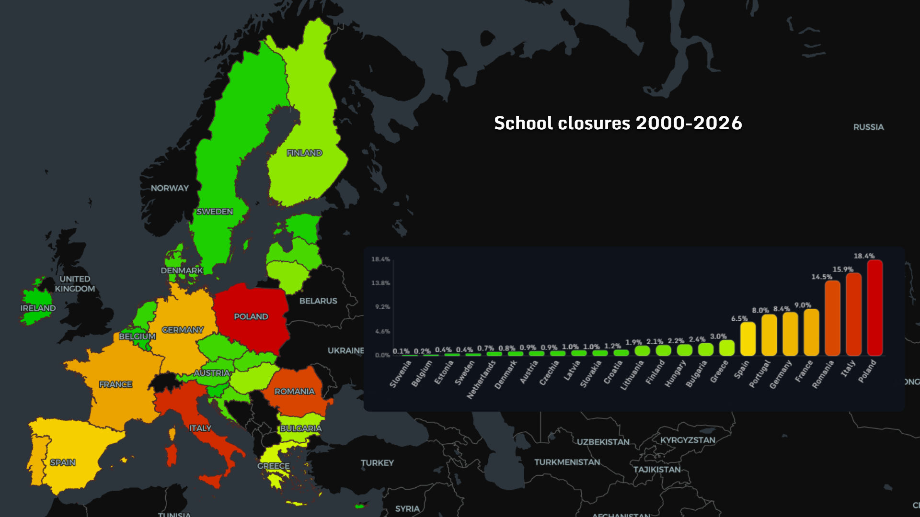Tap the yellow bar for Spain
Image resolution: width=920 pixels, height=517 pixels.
(x=747, y=339)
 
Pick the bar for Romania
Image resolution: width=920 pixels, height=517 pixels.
(x=832, y=318)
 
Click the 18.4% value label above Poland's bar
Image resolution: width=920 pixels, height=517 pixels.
(x=864, y=256)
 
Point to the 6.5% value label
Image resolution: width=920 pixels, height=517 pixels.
(x=739, y=318)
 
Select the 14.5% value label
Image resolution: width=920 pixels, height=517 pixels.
(x=821, y=277)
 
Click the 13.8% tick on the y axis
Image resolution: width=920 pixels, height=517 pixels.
(x=380, y=283)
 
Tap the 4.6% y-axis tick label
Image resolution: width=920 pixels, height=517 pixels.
(x=382, y=331)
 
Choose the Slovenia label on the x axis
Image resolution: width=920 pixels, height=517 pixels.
(x=401, y=374)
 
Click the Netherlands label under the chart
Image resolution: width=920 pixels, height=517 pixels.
(x=481, y=380)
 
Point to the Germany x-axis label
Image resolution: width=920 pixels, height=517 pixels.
(x=781, y=374)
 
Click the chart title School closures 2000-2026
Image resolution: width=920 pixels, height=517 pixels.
(x=618, y=123)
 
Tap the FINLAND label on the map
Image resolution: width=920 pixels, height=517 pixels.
(x=304, y=153)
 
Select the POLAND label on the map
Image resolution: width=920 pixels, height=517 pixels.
(x=251, y=317)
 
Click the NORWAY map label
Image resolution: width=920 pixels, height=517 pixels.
(x=170, y=188)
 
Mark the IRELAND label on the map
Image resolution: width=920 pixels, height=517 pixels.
(x=38, y=308)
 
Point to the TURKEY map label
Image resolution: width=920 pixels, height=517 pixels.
(x=377, y=463)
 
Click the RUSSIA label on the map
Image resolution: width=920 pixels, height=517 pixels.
(x=868, y=127)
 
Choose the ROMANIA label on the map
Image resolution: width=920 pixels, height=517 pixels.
(x=294, y=392)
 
